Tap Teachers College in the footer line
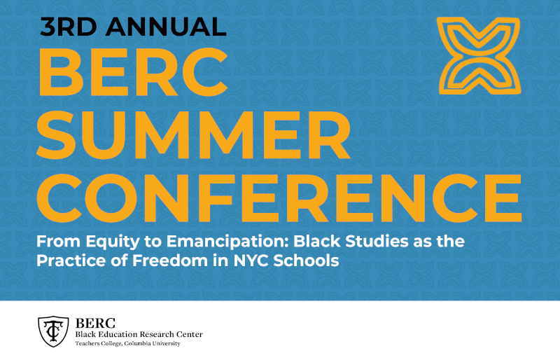pos(99,343)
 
